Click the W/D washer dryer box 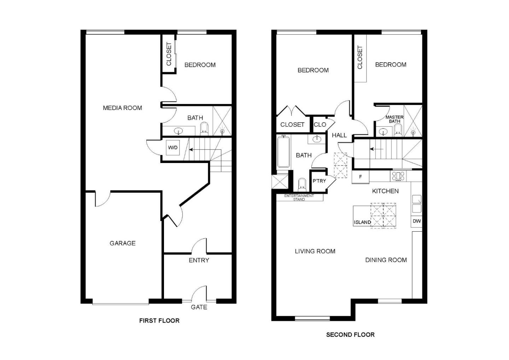(x=173, y=148)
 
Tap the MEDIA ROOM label (x=122, y=108)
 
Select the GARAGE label (x=122, y=243)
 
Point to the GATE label (x=199, y=307)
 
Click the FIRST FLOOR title (x=159, y=320)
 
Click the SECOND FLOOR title (x=350, y=335)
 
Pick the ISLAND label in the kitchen (x=362, y=222)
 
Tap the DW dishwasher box (x=416, y=221)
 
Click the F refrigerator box (x=361, y=177)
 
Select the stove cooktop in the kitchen (x=398, y=176)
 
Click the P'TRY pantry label (x=319, y=181)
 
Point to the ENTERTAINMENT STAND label (x=299, y=197)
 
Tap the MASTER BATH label (x=394, y=119)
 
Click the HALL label (x=339, y=135)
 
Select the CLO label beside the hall (x=320, y=124)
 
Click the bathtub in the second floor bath (x=283, y=151)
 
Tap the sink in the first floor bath (x=179, y=131)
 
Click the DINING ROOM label (x=386, y=260)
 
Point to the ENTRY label (x=199, y=260)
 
